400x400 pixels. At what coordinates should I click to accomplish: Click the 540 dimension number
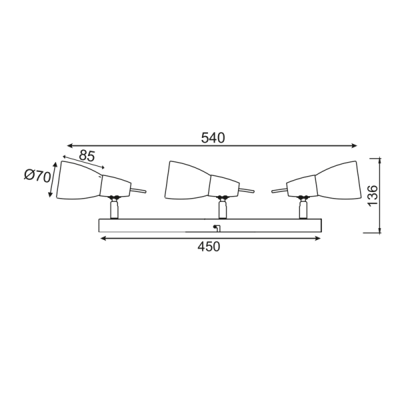click(x=213, y=138)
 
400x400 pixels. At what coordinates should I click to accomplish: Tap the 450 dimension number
click(x=209, y=247)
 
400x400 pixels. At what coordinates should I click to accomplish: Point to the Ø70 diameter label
click(x=37, y=177)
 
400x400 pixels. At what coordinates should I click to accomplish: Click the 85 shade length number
click(x=87, y=155)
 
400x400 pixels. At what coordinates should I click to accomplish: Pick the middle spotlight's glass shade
click(x=187, y=180)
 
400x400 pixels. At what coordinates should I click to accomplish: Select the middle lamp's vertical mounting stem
click(x=223, y=209)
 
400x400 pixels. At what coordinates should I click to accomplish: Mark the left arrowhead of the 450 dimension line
click(x=102, y=238)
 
